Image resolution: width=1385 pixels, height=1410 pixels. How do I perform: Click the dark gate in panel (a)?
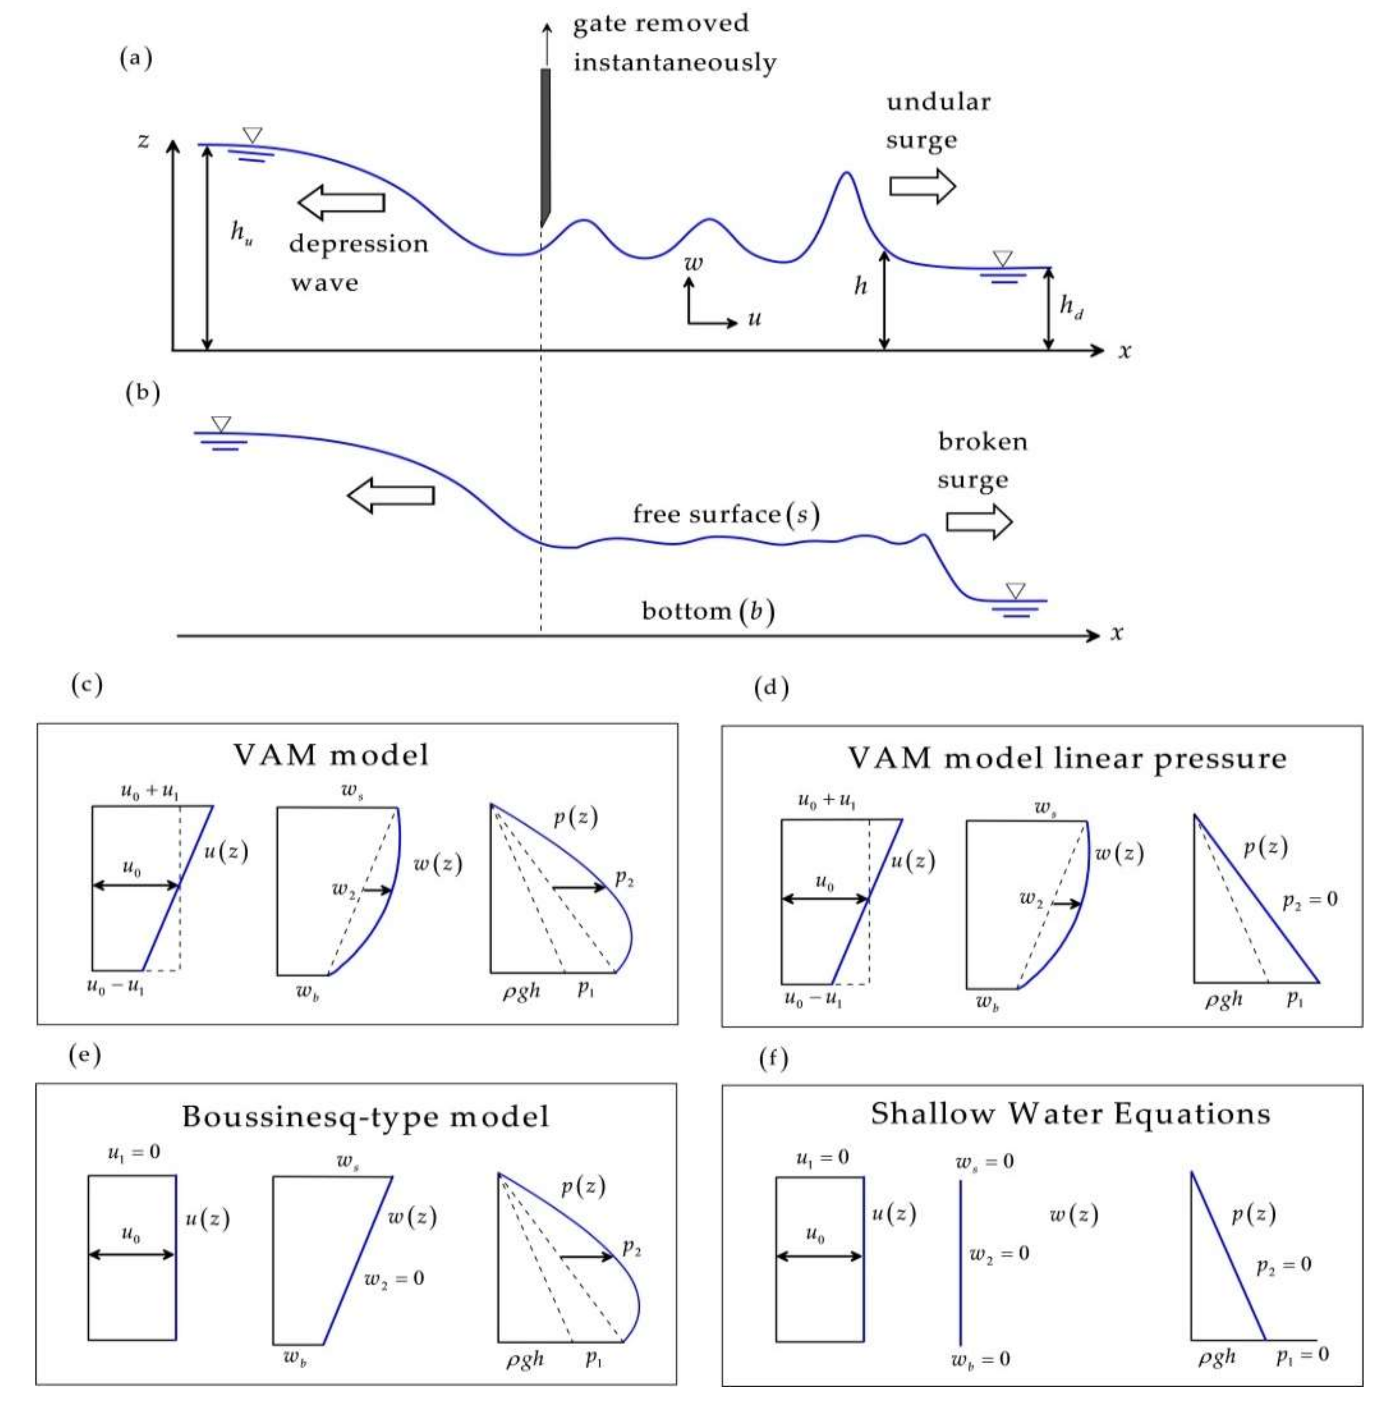coord(545,146)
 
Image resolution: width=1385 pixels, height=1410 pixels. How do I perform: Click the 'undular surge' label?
coord(938,121)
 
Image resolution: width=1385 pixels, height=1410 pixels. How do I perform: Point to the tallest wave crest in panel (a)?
coord(845,175)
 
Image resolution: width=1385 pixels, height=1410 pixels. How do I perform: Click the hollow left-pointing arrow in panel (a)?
coord(341,202)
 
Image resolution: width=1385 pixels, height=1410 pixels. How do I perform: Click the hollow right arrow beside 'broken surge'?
coord(979,521)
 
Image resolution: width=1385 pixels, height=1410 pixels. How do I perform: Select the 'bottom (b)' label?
coord(707,610)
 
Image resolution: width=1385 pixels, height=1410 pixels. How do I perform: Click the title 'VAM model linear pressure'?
coord(1067,759)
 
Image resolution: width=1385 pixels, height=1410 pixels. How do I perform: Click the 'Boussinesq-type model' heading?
coord(365,1116)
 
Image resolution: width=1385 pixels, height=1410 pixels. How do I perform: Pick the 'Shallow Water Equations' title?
coord(1070,1113)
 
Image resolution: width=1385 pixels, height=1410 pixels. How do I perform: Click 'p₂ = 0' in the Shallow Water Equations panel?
coord(1284,1264)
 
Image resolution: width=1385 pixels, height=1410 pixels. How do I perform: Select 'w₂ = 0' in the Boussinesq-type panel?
coord(393,1278)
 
